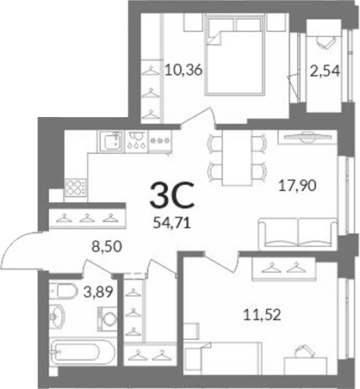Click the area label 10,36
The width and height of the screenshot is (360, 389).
[183, 70]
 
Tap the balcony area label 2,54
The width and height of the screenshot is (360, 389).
[325, 71]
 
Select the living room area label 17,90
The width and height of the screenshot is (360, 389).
[297, 186]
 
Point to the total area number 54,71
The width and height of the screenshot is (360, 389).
[172, 223]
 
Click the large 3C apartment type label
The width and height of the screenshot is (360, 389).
[172, 195]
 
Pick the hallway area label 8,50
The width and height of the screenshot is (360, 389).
[107, 246]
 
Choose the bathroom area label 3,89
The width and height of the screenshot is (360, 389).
[98, 293]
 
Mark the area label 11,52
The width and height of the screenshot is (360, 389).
[262, 315]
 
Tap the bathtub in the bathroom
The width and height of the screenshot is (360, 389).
[83, 351]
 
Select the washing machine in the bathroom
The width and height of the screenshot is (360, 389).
[108, 318]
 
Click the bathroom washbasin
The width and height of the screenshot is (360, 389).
[57, 317]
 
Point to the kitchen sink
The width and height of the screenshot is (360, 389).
[110, 141]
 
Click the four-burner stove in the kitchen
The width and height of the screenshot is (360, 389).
[76, 188]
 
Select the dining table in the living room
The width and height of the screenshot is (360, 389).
[237, 157]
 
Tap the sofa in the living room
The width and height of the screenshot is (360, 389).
[298, 233]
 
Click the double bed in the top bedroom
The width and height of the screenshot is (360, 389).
[234, 54]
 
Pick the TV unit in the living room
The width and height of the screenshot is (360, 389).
[307, 137]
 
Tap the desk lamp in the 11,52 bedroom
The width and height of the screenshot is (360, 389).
[303, 349]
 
